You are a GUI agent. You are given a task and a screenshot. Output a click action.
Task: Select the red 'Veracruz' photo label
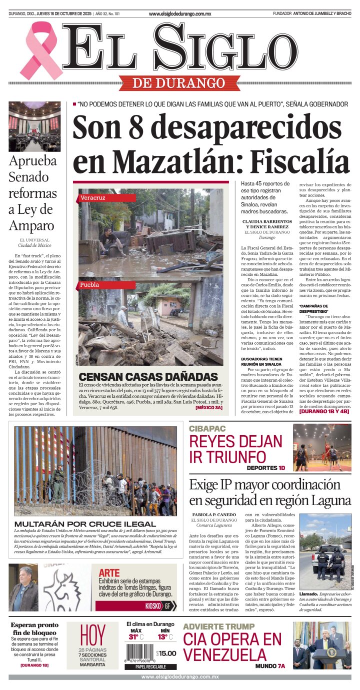pyautogui.click(x=93, y=198)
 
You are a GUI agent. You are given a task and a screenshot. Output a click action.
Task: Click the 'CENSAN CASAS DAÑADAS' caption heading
pyautogui.click(x=141, y=376)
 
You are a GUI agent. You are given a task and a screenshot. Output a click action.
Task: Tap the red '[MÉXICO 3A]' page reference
pyautogui.click(x=208, y=408)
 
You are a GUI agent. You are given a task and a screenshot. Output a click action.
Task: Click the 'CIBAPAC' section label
pyautogui.click(x=207, y=428)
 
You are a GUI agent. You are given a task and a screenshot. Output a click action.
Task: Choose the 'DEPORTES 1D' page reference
pyautogui.click(x=265, y=468)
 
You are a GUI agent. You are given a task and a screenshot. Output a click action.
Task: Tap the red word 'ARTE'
pyautogui.click(x=109, y=573)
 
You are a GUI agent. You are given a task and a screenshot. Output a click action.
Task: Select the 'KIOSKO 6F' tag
pyautogui.click(x=160, y=606)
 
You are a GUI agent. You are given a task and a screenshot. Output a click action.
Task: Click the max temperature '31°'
pyautogui.click(x=133, y=637)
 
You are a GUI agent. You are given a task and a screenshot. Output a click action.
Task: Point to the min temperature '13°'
pyautogui.click(x=163, y=637)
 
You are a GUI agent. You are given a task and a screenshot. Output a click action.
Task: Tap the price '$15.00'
pyautogui.click(x=166, y=653)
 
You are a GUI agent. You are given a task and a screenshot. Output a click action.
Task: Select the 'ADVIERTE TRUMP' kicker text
pyautogui.click(x=218, y=627)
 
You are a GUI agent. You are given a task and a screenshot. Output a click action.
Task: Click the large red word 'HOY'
pyautogui.click(x=92, y=635)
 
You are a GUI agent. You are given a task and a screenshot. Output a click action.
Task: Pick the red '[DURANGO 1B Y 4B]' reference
pyautogui.click(x=324, y=413)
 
